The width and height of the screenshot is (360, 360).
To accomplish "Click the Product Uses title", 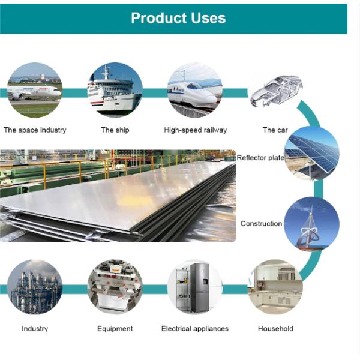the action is tap(178, 18).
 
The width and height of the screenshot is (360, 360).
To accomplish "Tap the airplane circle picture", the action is tap(34, 91).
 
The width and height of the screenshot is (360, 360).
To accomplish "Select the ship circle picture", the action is tap(115, 91).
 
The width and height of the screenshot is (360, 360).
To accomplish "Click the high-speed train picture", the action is tap(195, 91).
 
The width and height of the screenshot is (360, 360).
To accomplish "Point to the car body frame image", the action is tap(275, 91).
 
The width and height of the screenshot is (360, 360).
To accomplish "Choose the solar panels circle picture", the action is tap(311, 153).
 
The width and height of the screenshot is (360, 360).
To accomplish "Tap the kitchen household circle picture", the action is tap(275, 287).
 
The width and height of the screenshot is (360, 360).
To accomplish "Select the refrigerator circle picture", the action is tap(195, 287).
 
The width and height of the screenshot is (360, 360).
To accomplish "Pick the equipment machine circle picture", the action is tap(115, 287).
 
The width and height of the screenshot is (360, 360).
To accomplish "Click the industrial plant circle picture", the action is tap(34, 287).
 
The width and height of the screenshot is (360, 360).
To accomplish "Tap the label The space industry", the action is tap(35, 130).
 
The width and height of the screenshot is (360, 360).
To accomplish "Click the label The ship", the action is tap(115, 130).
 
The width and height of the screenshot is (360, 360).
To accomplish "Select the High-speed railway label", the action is tap(195, 130).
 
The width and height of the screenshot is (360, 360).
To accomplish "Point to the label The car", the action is tap(275, 130).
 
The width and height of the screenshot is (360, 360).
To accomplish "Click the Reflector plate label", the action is tap(260, 158).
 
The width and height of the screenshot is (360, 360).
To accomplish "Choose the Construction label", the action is tap(261, 224).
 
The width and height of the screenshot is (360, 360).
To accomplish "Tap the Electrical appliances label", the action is tap(195, 329).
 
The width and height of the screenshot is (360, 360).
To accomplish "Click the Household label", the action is tap(275, 329).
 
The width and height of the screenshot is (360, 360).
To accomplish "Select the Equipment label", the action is tap(115, 329).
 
